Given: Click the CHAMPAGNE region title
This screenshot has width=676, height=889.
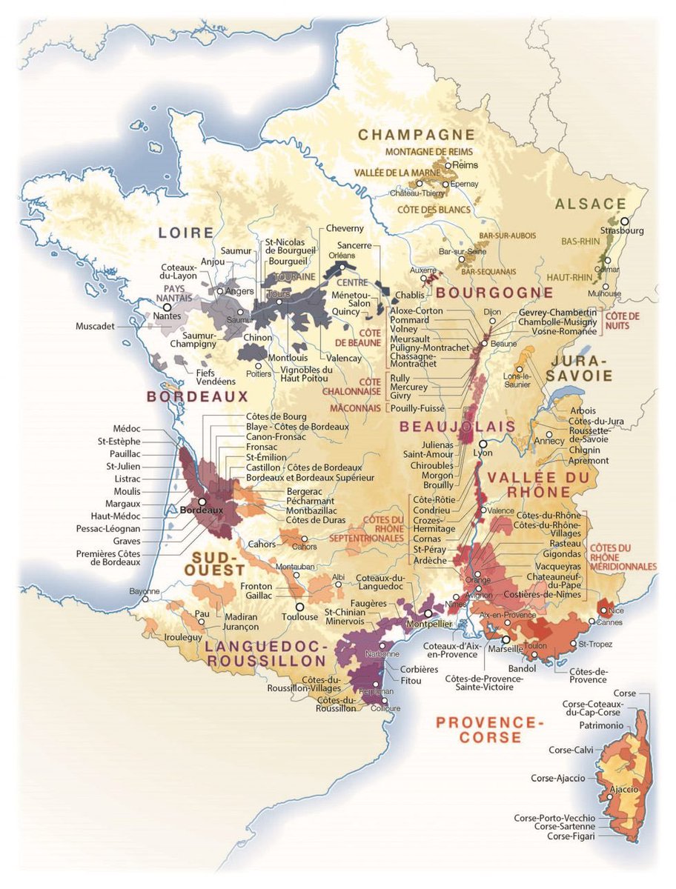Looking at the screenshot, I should [x=416, y=134].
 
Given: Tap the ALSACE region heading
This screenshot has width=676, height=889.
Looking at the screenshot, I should [x=591, y=204].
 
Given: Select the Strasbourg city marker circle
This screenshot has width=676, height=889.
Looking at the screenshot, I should [x=625, y=221].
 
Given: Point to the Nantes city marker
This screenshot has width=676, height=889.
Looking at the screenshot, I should [x=167, y=306].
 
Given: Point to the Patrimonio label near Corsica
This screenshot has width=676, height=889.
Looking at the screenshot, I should [x=601, y=725].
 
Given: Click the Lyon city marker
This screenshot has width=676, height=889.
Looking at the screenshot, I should [x=483, y=442].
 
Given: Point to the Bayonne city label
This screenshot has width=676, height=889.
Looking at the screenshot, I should [x=144, y=591].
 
